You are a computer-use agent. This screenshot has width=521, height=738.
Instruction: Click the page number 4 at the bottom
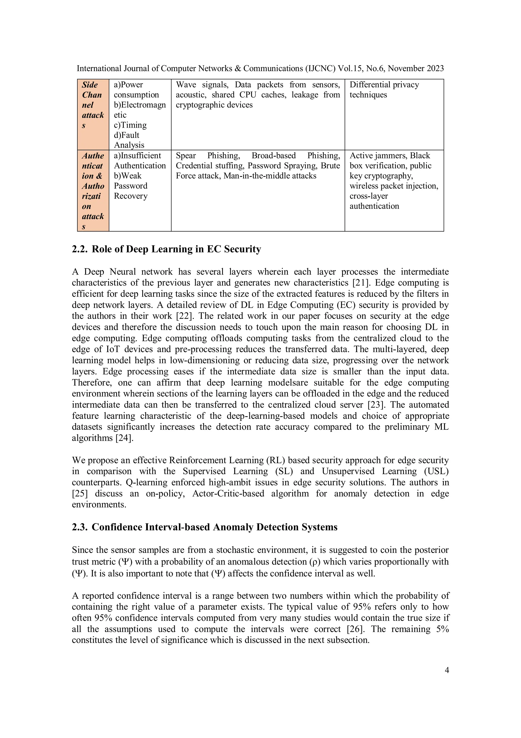tap(446, 670)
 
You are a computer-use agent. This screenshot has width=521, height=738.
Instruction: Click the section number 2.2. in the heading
tap(80, 249)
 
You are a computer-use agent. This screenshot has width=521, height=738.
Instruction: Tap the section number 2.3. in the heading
tap(80, 527)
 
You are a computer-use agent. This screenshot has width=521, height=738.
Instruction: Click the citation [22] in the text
tap(185, 316)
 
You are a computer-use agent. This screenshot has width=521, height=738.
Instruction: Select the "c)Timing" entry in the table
tap(130, 125)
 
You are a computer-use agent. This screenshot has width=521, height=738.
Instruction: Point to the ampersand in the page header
tap(238, 69)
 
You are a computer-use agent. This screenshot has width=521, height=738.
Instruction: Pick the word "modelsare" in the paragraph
tap(288, 383)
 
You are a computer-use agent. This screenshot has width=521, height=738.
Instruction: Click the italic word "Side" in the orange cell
tap(90, 85)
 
